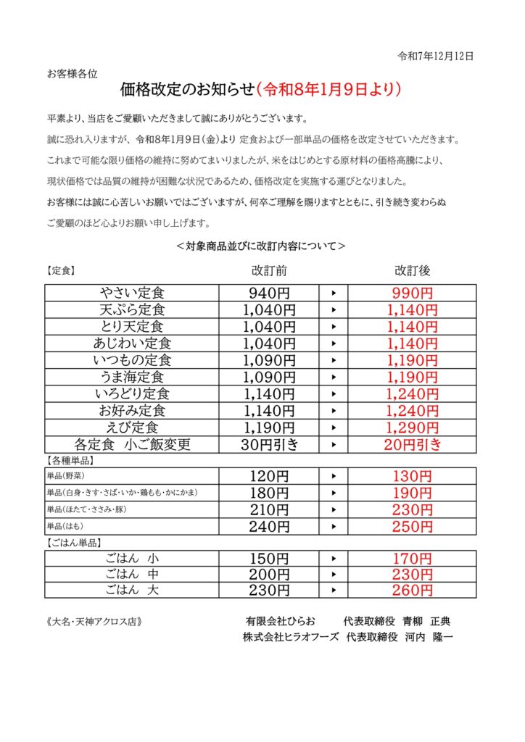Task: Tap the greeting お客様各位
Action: click(78, 73)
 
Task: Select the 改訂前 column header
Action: click(269, 270)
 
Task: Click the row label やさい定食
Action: click(132, 293)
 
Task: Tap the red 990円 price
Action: click(412, 293)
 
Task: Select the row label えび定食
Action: click(132, 427)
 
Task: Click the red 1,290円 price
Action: click(412, 427)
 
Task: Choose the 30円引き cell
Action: click(270, 444)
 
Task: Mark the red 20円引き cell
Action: click(412, 444)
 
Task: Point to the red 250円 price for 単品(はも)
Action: click(412, 527)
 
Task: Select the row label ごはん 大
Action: click(132, 591)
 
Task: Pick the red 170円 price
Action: click(412, 559)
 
